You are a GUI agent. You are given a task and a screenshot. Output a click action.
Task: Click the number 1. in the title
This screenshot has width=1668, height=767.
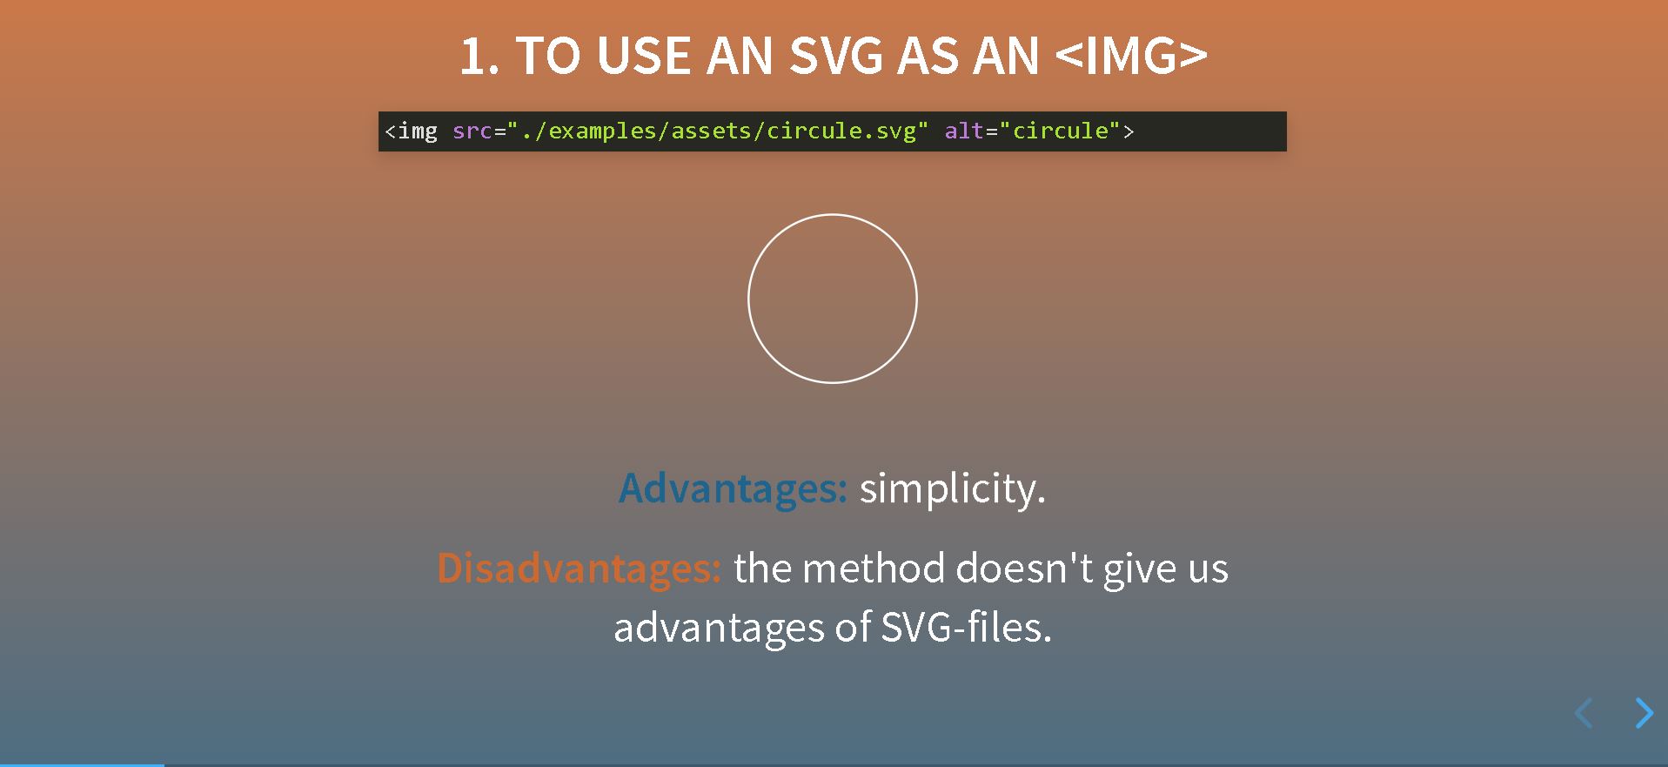[x=479, y=57]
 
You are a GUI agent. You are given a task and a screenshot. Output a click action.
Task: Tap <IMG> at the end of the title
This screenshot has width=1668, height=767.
[x=1131, y=57]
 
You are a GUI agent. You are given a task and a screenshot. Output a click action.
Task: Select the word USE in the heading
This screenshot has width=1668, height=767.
[x=644, y=57]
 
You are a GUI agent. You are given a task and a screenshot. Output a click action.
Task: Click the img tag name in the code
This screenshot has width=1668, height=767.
[x=418, y=131]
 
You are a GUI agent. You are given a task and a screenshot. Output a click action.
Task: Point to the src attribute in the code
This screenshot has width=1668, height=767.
[x=472, y=131]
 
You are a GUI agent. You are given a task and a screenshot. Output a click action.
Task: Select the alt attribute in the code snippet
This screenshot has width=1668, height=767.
[x=965, y=131]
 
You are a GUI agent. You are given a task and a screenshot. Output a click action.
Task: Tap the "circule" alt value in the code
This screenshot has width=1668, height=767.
[x=1061, y=131]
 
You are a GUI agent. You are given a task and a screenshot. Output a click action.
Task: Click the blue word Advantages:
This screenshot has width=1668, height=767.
[x=733, y=488]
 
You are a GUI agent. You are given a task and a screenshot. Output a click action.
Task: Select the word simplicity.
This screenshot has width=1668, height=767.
[x=953, y=489]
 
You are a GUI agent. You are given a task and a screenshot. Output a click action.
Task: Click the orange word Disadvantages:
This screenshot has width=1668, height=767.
[x=579, y=569]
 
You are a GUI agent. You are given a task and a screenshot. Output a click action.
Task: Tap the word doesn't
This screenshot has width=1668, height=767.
[x=1024, y=569]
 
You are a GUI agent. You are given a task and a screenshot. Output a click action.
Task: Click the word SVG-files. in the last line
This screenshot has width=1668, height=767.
[x=967, y=628]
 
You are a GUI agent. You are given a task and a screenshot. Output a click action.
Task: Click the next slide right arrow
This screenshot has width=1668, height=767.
[x=1645, y=713]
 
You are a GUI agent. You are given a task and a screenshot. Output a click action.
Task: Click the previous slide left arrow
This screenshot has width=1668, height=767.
[x=1584, y=713]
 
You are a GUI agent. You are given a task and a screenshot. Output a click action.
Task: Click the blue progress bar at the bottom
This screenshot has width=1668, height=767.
[x=82, y=764]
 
